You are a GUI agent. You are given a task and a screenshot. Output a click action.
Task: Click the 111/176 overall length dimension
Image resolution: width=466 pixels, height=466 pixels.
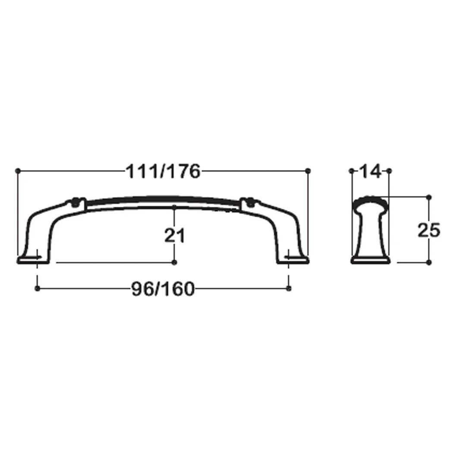tap(163, 171)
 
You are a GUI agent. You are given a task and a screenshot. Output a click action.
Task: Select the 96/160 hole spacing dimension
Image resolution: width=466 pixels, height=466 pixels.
tap(163, 289)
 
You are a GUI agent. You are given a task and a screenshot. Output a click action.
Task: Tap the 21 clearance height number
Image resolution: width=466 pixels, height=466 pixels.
tap(175, 236)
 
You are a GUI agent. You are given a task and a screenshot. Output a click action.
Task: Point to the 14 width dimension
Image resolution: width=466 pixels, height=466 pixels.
tap(370, 171)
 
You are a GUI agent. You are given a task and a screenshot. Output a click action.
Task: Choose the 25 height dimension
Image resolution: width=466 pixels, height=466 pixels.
tap(428, 230)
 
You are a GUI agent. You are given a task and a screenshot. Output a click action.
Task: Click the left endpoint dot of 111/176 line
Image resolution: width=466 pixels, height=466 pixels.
tap(18, 170)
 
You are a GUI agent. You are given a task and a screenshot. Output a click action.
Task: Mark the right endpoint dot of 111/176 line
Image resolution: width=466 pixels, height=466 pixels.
tap(308, 170)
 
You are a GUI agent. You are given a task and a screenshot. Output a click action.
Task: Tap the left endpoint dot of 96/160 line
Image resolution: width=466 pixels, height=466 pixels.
tap(37, 288)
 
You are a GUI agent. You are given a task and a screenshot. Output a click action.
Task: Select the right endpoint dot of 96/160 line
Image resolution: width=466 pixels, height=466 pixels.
tap(289, 288)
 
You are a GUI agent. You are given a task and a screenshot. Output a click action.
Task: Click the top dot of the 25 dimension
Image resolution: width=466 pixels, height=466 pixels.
tap(428, 197)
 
